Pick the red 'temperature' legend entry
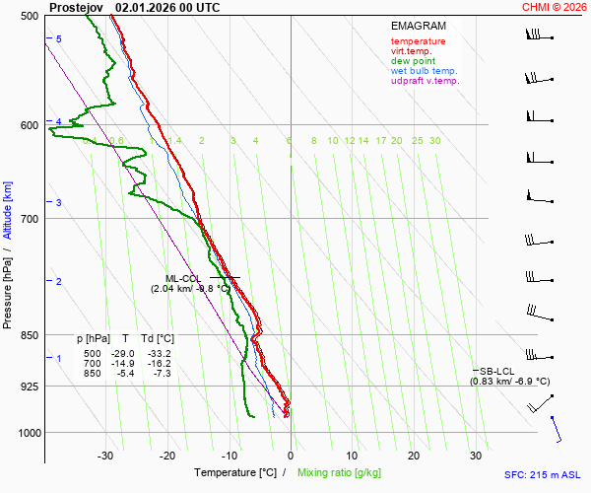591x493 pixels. (x=418, y=41)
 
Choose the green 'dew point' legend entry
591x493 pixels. (x=413, y=61)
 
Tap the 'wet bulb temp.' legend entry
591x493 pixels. (x=424, y=71)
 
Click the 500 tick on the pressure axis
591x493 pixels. (x=29, y=17)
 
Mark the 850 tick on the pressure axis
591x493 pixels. (x=29, y=336)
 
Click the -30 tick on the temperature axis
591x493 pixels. (x=105, y=456)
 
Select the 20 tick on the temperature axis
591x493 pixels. (x=415, y=456)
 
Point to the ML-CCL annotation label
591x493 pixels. (x=183, y=278)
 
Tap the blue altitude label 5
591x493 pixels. (x=58, y=38)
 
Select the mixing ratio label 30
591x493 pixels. (x=434, y=141)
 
